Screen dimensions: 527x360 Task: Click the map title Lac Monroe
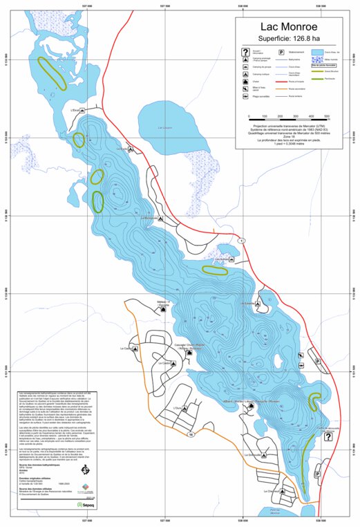click(294, 27)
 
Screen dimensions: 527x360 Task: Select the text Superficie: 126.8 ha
click(294, 39)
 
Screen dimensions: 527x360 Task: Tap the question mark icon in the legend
click(246, 53)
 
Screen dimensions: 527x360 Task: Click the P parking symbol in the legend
click(282, 53)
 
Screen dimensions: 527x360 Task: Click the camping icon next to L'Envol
click(83, 110)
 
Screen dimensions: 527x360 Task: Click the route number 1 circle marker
click(241, 241)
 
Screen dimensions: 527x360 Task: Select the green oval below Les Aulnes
click(215, 270)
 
